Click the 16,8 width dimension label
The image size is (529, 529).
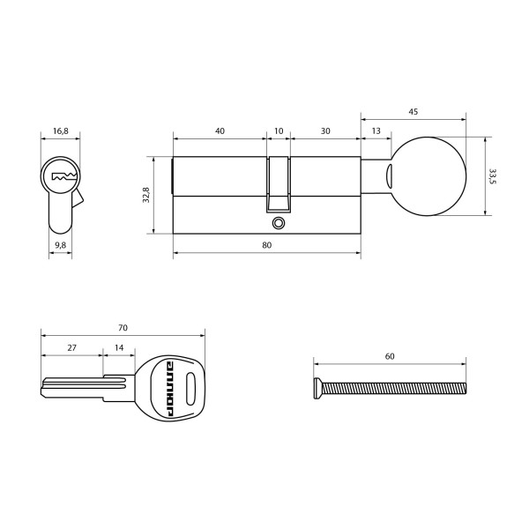61,130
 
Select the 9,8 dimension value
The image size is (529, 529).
61,244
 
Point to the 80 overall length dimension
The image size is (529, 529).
266,245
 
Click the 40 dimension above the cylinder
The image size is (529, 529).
220,130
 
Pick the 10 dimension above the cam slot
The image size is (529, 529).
279,130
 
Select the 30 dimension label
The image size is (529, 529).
325,130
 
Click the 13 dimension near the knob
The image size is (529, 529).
376,130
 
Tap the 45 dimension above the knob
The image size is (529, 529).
413,112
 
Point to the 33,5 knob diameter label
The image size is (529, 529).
494,176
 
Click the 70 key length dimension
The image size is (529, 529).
123,328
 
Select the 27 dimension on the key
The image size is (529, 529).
71,348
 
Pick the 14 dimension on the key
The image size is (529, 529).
119,348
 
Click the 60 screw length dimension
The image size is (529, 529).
390,356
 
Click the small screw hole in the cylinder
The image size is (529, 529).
279,224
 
